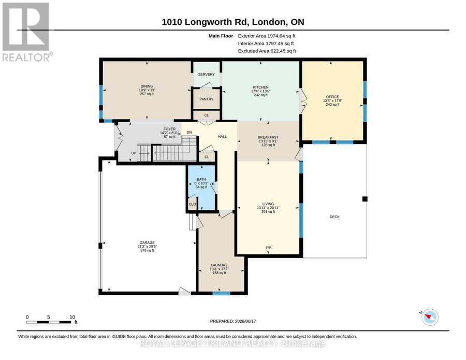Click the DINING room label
(x=147, y=86)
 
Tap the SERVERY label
(x=206, y=74)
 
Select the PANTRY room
(x=206, y=99)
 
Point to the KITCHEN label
(x=260, y=88)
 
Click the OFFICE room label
(x=332, y=97)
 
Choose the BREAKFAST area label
(x=268, y=137)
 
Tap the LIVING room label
(x=268, y=204)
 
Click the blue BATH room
(x=201, y=188)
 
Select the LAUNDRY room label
(x=219, y=265)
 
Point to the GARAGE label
(x=147, y=242)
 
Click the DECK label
(x=334, y=217)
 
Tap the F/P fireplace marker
(x=268, y=248)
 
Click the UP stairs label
(x=134, y=153)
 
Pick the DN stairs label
(x=190, y=133)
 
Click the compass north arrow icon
(x=430, y=317)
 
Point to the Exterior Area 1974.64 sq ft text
(x=267, y=36)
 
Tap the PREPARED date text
(x=233, y=321)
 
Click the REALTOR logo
(x=27, y=32)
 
